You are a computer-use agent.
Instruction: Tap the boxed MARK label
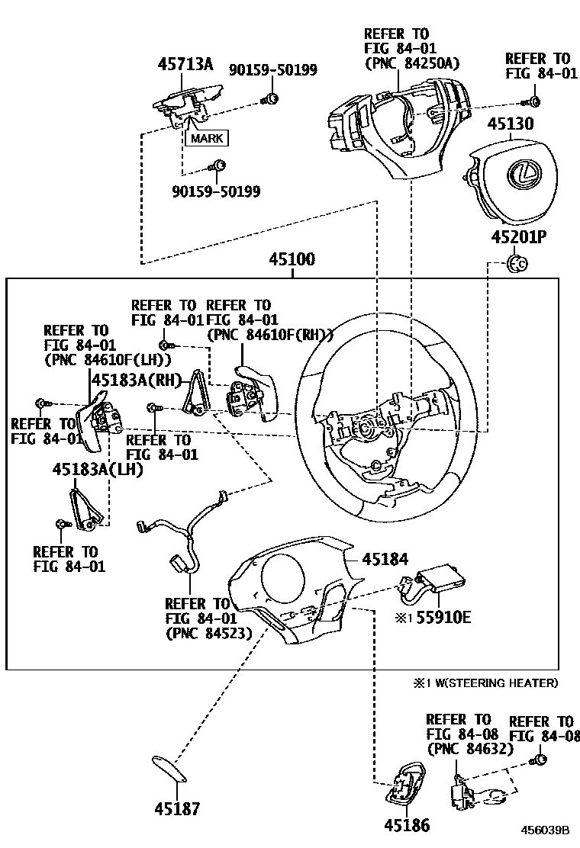208,139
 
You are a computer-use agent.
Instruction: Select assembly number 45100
292,260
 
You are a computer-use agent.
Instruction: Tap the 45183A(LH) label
98,471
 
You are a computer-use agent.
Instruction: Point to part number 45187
177,808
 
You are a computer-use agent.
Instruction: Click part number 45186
407,825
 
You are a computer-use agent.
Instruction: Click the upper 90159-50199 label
273,70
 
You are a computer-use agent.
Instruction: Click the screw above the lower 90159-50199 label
218,165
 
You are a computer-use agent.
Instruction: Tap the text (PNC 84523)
208,632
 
